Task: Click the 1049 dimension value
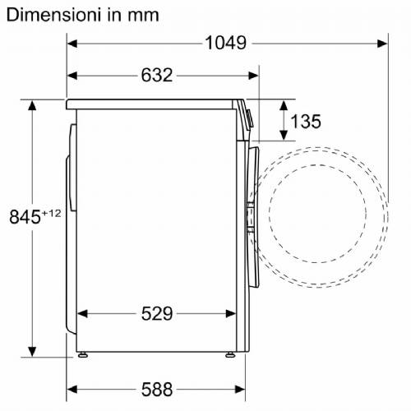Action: (226, 43)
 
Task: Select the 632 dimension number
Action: (157, 75)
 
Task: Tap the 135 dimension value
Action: (306, 122)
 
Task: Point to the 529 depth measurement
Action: (157, 314)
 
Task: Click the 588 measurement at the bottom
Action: (157, 390)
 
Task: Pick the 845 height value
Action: (25, 217)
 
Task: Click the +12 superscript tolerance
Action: (51, 213)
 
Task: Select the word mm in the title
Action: (143, 16)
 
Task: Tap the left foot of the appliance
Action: (82, 355)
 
